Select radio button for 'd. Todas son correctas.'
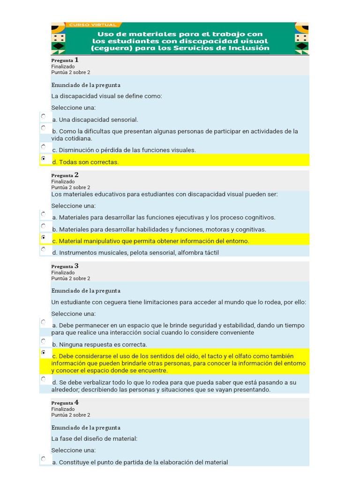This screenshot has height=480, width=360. [x=44, y=159]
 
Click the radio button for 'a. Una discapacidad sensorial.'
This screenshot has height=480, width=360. [x=44, y=116]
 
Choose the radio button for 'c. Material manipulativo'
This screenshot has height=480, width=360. [x=44, y=238]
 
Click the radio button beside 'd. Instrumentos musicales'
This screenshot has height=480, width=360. [x=44, y=249]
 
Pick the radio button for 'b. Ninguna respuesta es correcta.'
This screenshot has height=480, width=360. [x=44, y=341]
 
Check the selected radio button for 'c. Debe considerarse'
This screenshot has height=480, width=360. [x=44, y=352]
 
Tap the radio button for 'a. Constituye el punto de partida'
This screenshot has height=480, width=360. [x=44, y=459]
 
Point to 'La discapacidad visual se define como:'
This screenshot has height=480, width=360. [x=106, y=96]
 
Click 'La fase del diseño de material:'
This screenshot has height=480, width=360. [x=94, y=439]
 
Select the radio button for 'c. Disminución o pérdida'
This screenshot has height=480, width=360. [x=44, y=147]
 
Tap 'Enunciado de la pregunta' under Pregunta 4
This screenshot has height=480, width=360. [x=86, y=427]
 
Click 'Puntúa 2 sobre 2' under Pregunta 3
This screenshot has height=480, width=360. [x=70, y=278]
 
